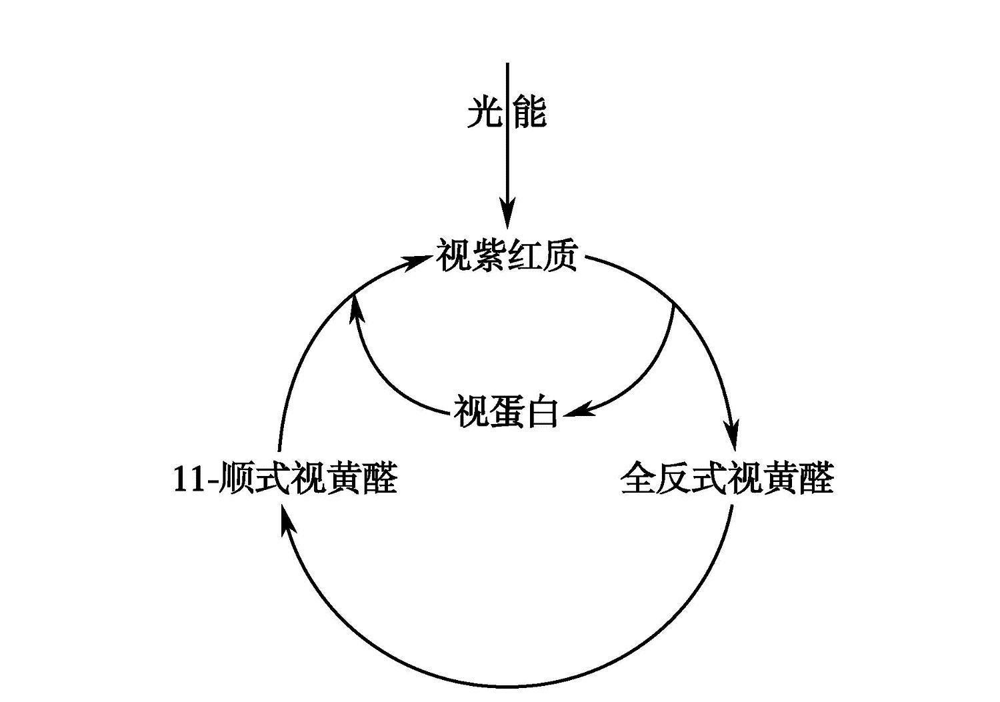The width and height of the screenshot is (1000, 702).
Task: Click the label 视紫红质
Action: [x=507, y=256]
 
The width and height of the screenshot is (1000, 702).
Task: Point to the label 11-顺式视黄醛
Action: [x=285, y=478]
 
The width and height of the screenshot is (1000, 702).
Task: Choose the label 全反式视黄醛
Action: [x=727, y=478]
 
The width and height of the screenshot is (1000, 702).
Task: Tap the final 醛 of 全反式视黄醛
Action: [x=816, y=478]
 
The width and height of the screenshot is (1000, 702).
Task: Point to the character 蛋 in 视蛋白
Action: [x=506, y=411]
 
